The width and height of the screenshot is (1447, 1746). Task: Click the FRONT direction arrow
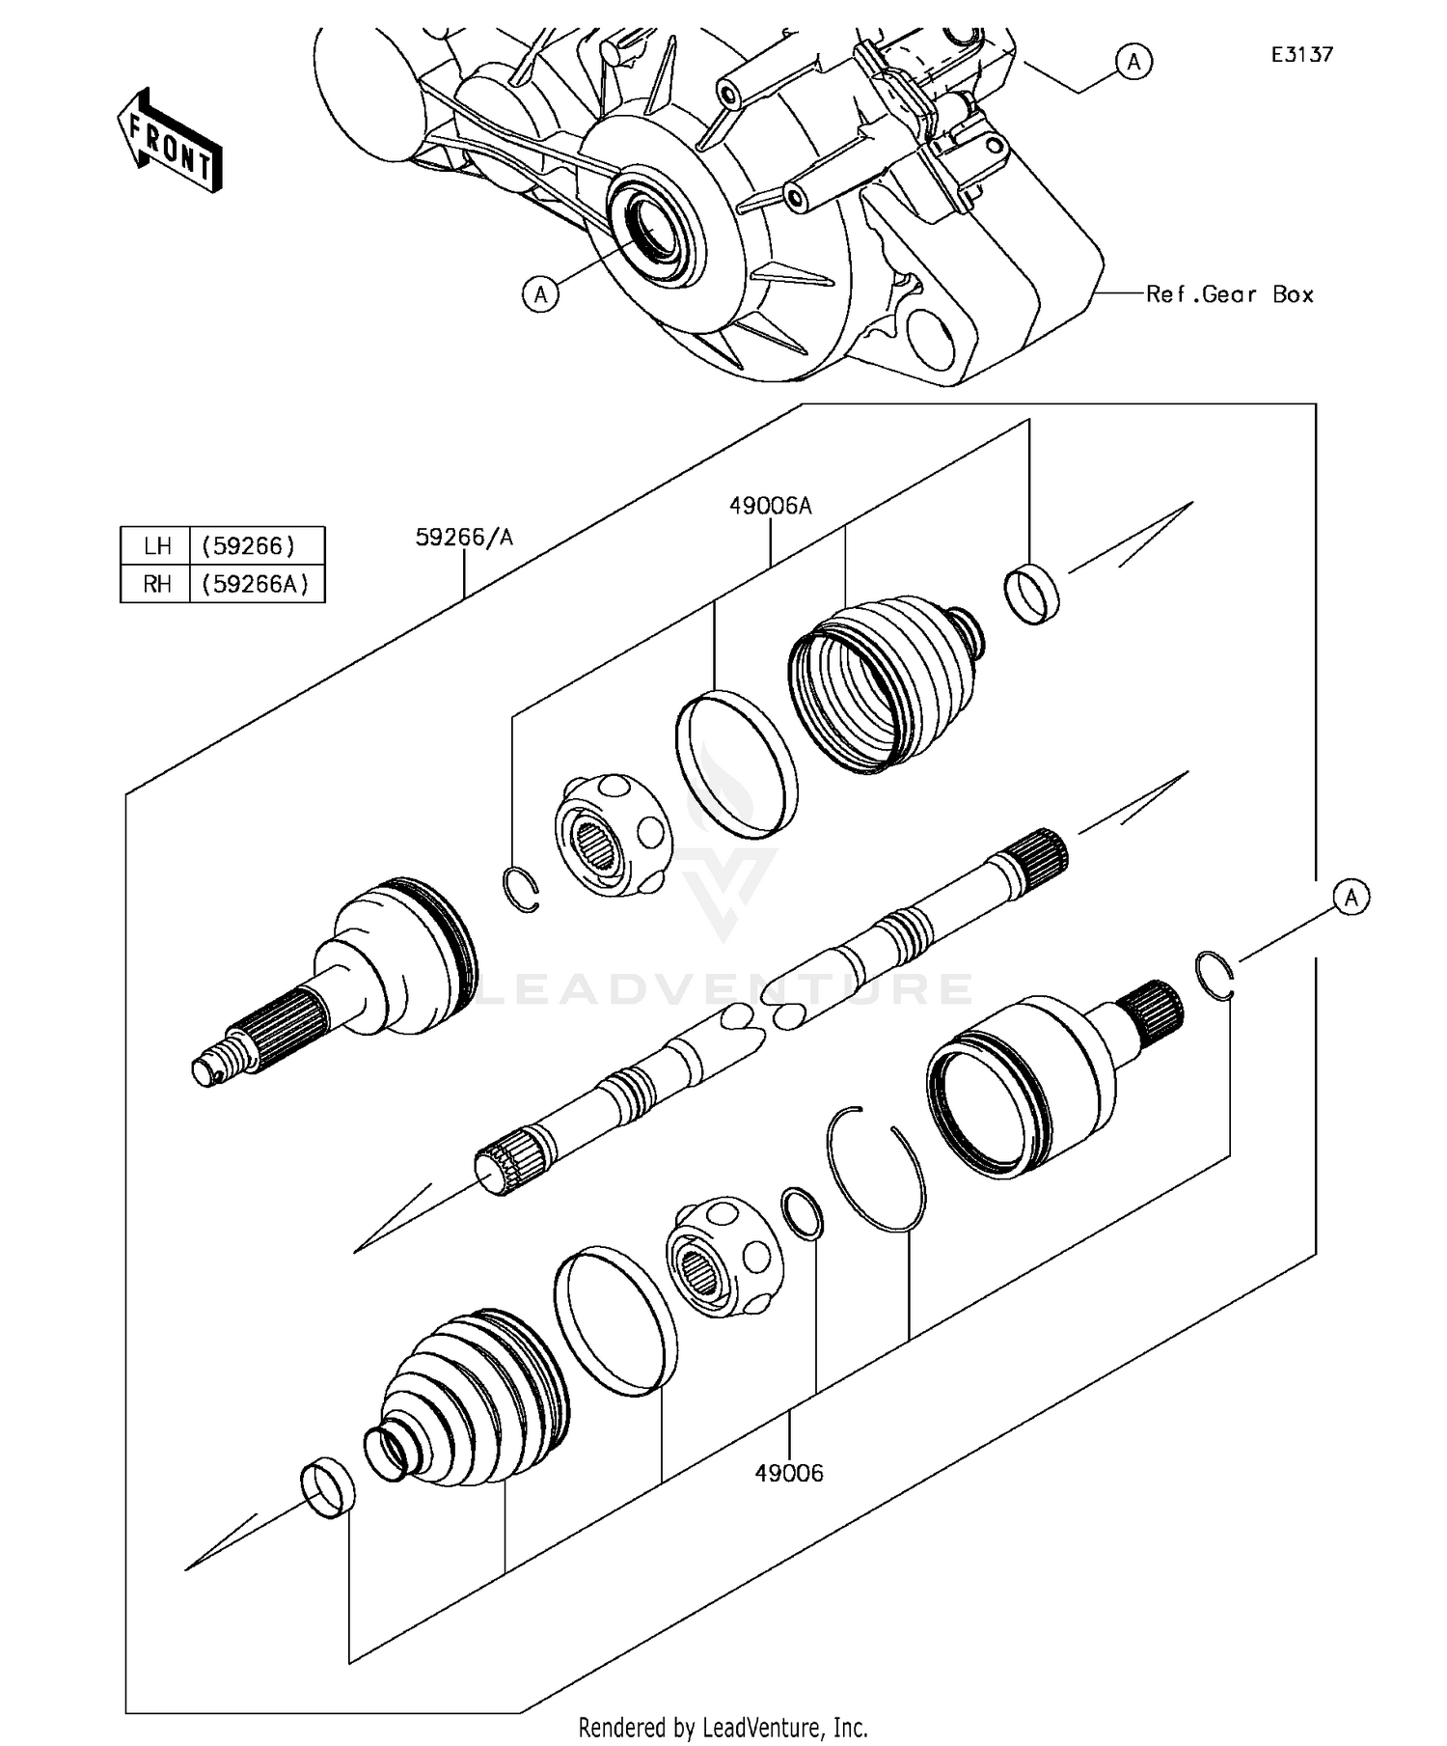click(x=170, y=141)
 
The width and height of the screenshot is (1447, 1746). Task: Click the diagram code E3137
click(x=1301, y=55)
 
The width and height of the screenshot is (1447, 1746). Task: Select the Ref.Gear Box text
click(x=1229, y=294)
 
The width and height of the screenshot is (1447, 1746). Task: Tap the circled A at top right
click(x=1133, y=62)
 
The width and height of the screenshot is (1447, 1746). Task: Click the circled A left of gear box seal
click(x=540, y=293)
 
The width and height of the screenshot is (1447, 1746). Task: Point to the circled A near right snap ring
click(x=1351, y=898)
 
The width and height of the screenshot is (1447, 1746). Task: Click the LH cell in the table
click(x=156, y=546)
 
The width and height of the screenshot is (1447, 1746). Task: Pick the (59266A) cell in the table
click(x=256, y=584)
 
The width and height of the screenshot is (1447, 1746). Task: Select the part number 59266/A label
click(x=464, y=538)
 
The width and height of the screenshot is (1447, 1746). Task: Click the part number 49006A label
click(x=770, y=505)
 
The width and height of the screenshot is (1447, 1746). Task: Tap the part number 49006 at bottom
click(x=789, y=1473)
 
